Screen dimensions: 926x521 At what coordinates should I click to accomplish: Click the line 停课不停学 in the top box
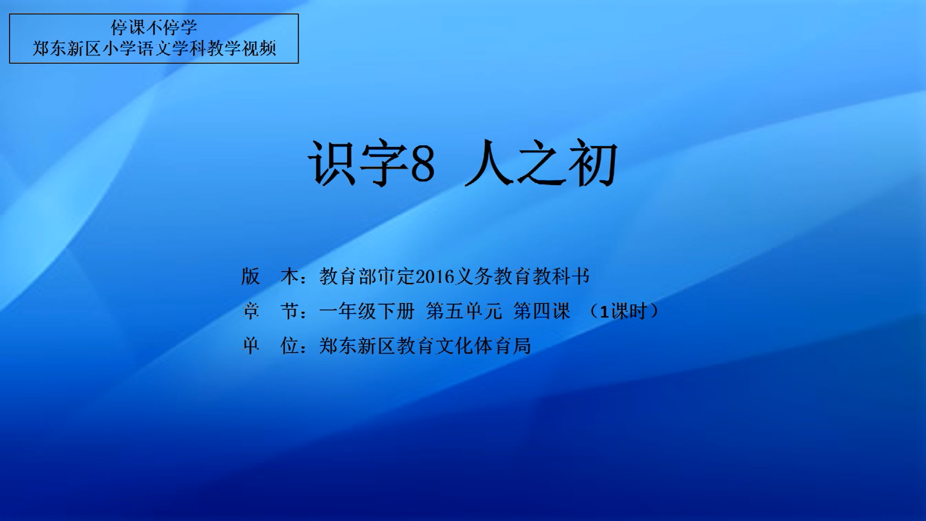point(154,27)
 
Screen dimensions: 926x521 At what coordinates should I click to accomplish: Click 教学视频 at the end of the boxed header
point(242,48)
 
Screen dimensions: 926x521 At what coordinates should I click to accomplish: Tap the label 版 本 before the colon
point(270,276)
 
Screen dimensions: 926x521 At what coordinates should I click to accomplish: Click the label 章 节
point(270,311)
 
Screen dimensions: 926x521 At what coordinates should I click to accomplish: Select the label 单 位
point(270,346)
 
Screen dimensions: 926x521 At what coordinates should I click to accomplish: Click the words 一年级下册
point(367,311)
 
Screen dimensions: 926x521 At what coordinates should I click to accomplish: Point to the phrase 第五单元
point(464,311)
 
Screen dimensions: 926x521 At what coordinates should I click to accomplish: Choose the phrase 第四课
point(542,311)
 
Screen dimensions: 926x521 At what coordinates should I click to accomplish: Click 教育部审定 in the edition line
point(367,276)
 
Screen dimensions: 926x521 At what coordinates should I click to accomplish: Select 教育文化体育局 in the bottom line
point(464,346)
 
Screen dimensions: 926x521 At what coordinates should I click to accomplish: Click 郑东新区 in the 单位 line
point(357,346)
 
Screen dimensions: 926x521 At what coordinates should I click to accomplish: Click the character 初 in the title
point(593,163)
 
